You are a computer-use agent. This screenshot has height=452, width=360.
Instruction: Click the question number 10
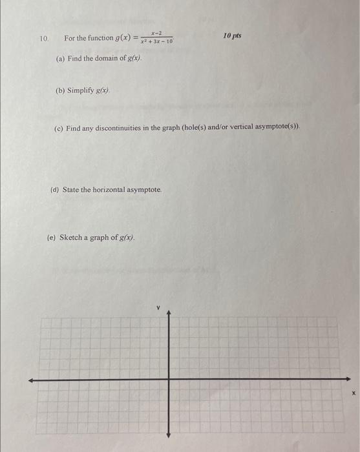pos(43,39)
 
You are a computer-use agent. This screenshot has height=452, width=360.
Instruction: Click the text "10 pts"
pos(232,35)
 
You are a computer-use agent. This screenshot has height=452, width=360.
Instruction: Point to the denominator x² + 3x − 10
pos(156,42)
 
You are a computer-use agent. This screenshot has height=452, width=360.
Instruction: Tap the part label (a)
pos(60,58)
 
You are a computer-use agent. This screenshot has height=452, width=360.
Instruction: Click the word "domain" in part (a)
pos(103,58)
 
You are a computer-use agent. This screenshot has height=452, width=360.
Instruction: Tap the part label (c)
pos(58,128)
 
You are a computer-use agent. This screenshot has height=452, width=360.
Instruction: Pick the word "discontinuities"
pos(122,128)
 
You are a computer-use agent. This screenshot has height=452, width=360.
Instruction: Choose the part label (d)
pos(54,190)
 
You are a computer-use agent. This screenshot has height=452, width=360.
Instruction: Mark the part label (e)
pos(51,237)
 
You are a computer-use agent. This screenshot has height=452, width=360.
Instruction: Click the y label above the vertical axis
pos(157,308)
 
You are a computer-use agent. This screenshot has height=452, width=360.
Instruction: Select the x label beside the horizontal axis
pos(354,392)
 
